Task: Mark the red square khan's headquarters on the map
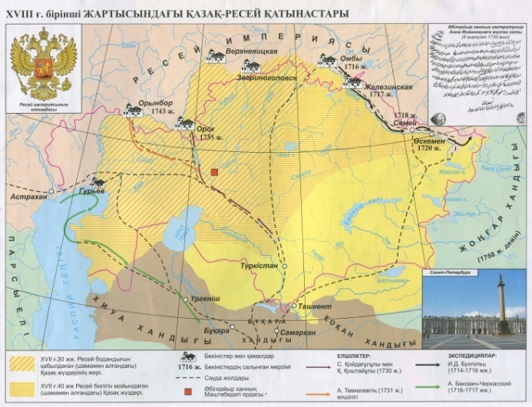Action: tap(216, 172)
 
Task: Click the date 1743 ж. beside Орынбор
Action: tap(164, 111)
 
